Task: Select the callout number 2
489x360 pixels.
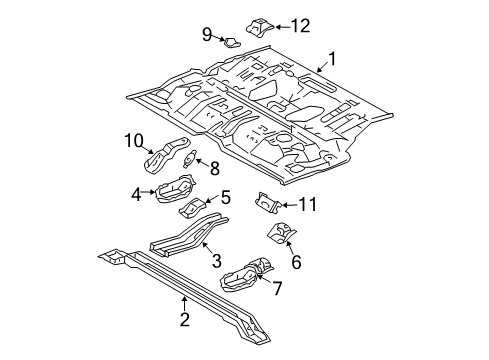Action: pos(184,320)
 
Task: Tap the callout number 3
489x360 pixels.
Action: pos(215,262)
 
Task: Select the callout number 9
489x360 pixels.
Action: pos(207,35)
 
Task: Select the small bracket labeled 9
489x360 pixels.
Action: pos(231,42)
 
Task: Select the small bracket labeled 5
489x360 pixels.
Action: pos(192,207)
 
